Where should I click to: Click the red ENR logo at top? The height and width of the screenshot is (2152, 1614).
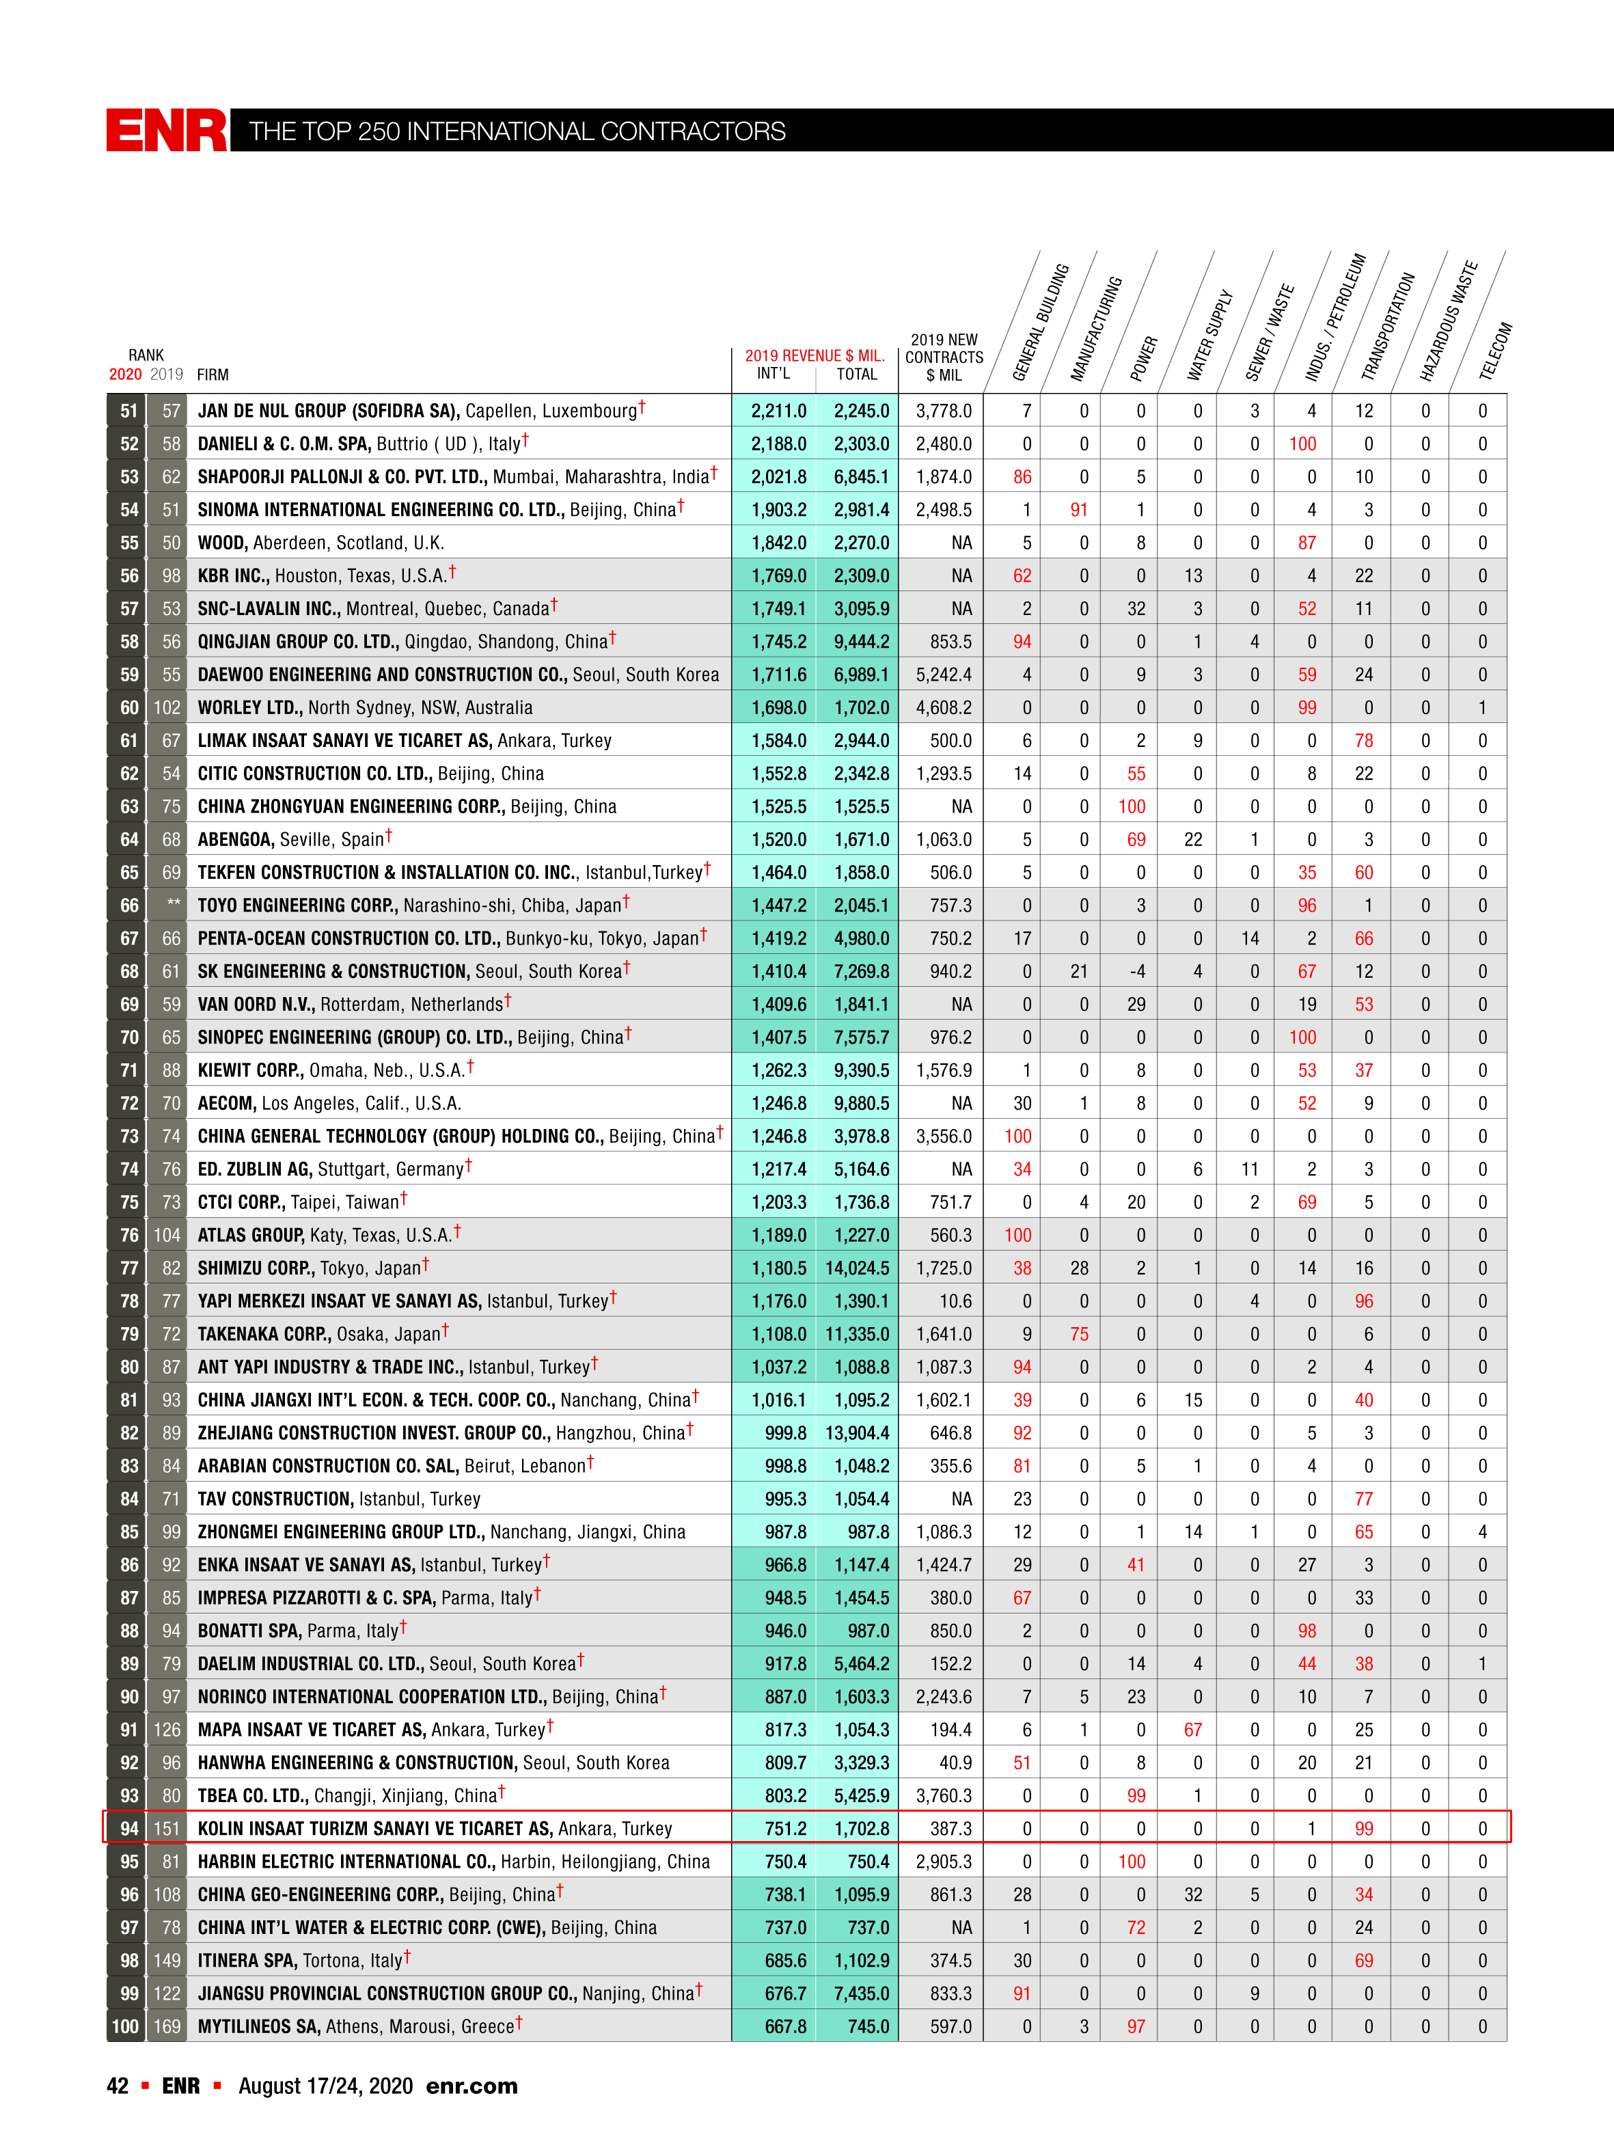point(166,131)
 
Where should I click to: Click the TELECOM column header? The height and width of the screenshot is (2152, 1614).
point(1495,350)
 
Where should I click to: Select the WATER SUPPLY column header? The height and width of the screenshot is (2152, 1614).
point(1209,335)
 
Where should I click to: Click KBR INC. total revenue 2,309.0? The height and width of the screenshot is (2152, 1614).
point(860,576)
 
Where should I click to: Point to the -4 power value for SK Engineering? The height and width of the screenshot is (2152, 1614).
point(1136,972)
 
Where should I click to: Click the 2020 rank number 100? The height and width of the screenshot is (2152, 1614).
point(126,2026)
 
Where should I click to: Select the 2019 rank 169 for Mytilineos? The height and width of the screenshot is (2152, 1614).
point(166,2026)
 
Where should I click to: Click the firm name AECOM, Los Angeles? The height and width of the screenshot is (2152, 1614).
point(329,1103)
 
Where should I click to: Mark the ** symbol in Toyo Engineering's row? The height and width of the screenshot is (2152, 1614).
point(172,905)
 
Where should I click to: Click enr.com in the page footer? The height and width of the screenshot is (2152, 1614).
point(472,2086)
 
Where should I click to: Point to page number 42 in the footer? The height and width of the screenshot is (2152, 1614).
point(118,2086)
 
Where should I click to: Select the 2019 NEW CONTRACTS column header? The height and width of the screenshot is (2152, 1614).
point(944,357)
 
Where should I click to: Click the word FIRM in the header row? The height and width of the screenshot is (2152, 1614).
point(212,374)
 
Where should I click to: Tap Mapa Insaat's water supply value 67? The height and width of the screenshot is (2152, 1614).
point(1193,1730)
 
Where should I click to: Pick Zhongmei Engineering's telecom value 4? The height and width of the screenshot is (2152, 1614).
point(1481,1532)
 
